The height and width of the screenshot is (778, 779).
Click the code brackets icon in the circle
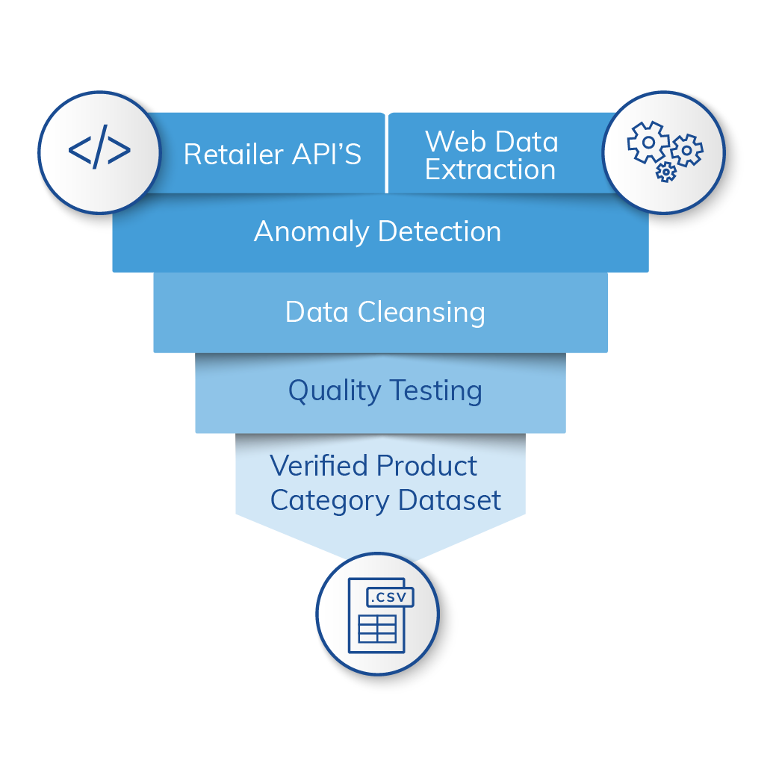[99, 152]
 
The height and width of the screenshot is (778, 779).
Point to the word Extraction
[490, 170]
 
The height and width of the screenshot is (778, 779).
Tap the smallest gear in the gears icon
[665, 172]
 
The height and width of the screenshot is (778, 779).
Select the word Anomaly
[311, 232]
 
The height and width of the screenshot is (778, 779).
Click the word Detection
[439, 231]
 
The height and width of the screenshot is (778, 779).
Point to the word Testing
[433, 391]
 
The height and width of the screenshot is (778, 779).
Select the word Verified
[319, 466]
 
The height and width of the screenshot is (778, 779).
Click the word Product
[426, 466]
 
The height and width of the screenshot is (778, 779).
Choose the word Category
[329, 501]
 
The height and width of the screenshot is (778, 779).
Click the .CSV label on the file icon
[388, 597]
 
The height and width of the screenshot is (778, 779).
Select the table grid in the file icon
[377, 629]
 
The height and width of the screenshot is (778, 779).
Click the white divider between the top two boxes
[386, 153]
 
